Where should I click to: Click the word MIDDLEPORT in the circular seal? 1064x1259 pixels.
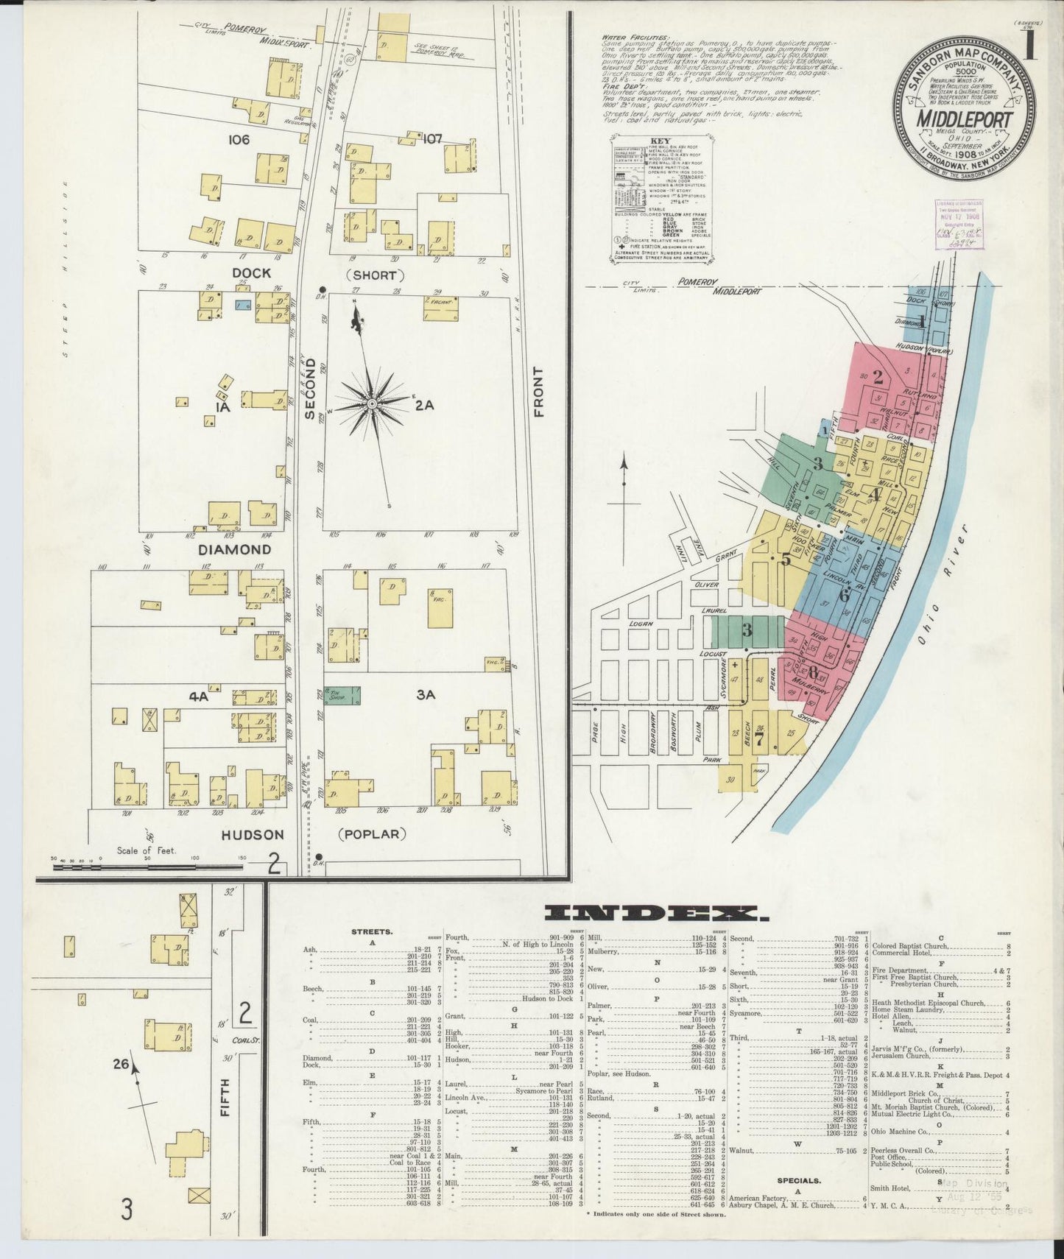click(x=965, y=120)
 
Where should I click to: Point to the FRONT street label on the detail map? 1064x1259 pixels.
click(x=539, y=392)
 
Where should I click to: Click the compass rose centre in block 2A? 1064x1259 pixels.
click(x=373, y=403)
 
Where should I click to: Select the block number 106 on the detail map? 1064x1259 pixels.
click(x=239, y=139)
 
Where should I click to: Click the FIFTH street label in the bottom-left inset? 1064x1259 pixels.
click(x=225, y=1096)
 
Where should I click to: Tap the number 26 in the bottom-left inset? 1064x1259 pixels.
click(x=121, y=1063)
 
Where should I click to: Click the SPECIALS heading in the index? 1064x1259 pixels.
click(x=798, y=1179)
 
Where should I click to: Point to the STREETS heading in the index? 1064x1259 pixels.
click(x=373, y=931)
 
